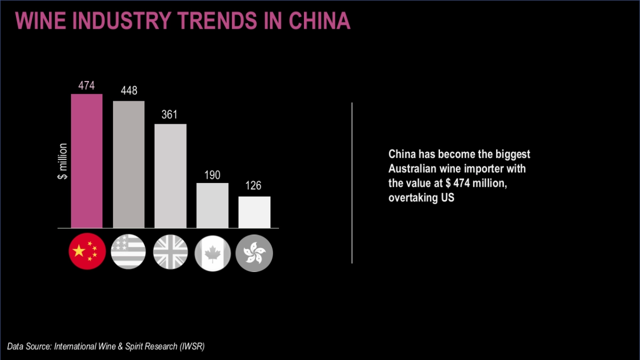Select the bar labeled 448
pyautogui.click(x=129, y=164)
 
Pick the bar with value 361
pyautogui.click(x=170, y=176)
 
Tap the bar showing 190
pyautogui.click(x=212, y=205)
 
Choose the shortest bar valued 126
pyautogui.click(x=254, y=212)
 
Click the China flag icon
pyautogui.click(x=87, y=251)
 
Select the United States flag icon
pyautogui.click(x=129, y=251)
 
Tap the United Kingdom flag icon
pyautogui.click(x=171, y=251)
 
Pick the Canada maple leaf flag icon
pyautogui.click(x=212, y=251)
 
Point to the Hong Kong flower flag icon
pyautogui.click(x=254, y=251)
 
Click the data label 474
pyautogui.click(x=86, y=85)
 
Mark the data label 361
pyautogui.click(x=170, y=115)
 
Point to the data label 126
pyautogui.click(x=254, y=187)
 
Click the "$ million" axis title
pyautogui.click(x=62, y=161)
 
